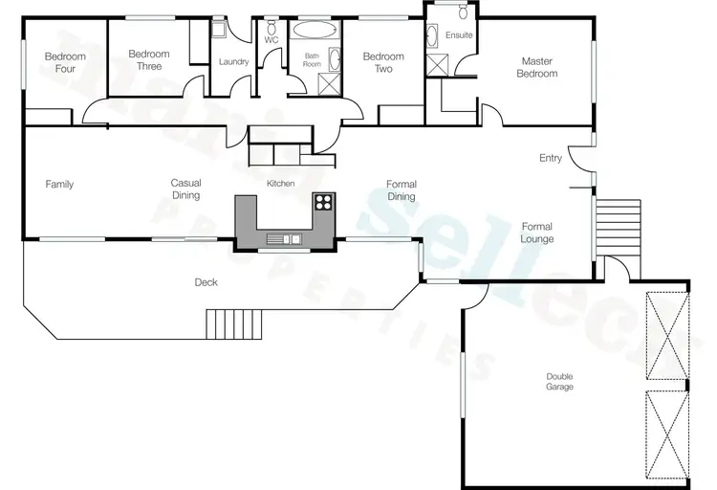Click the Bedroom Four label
[x=65, y=62]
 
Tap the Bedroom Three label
[x=148, y=59]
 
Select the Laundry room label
[x=233, y=62]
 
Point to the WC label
[x=272, y=40]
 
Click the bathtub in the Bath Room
[x=313, y=29]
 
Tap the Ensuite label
[x=459, y=35]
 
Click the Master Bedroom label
[x=536, y=67]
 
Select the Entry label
[x=551, y=158]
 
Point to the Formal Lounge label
[x=536, y=233]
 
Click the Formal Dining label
[x=401, y=189]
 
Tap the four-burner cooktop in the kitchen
[x=323, y=202]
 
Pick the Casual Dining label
[x=185, y=189]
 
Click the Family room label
[x=59, y=185]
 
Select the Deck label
[x=206, y=281]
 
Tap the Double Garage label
[x=559, y=381]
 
